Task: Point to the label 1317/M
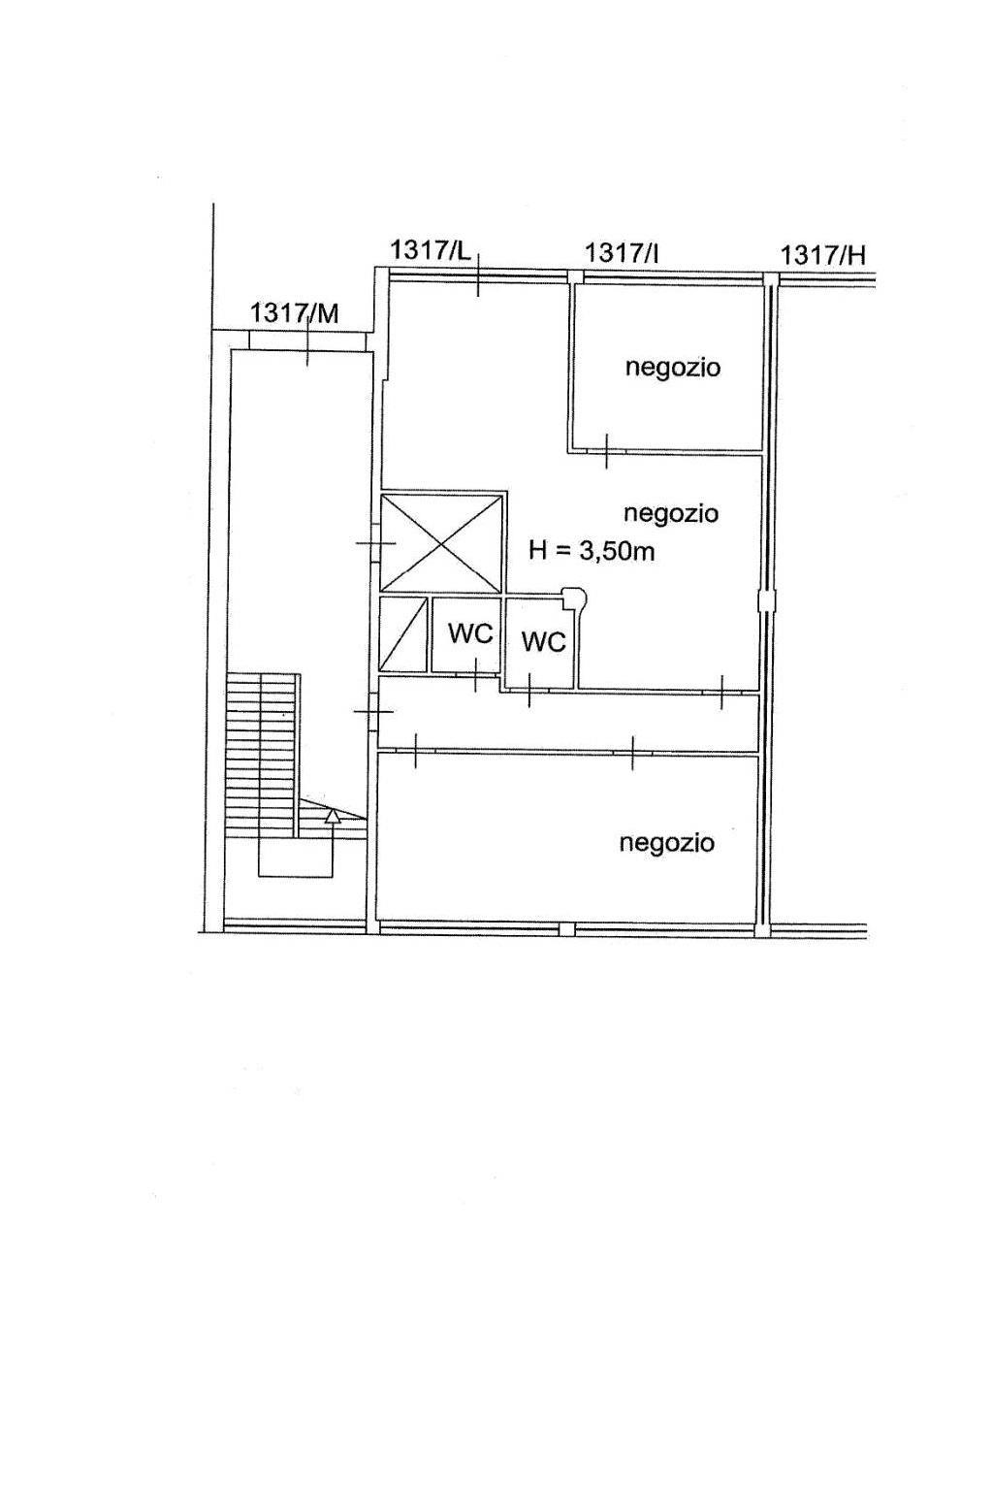(x=295, y=312)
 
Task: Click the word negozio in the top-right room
(x=672, y=368)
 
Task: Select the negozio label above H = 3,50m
(x=671, y=513)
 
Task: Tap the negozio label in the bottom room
(x=666, y=843)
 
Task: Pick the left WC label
(x=470, y=634)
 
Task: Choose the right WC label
(x=543, y=642)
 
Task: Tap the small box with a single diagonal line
(x=402, y=634)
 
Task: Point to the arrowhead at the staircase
(x=334, y=816)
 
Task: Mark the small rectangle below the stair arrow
(x=295, y=858)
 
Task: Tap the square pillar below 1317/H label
(x=770, y=277)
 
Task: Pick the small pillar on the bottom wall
(x=566, y=928)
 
